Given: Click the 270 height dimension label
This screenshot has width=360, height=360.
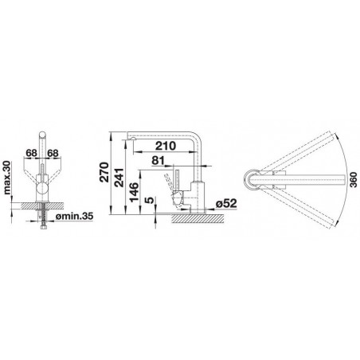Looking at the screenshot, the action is [104, 172].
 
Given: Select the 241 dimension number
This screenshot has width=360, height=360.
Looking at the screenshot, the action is [119, 178].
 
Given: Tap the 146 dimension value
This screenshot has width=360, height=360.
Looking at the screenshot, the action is [135, 192].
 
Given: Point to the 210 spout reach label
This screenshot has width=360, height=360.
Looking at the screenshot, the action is [166, 146].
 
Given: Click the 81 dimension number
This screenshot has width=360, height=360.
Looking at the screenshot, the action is [158, 160].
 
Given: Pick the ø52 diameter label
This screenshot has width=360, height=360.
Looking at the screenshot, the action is [226, 204].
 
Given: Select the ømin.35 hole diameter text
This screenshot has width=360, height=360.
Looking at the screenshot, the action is [74, 217].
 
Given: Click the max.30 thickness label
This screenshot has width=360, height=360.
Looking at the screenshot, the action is [7, 178].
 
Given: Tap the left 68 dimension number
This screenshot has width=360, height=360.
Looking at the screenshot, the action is [31, 153].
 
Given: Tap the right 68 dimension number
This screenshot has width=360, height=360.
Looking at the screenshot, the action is [53, 153].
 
